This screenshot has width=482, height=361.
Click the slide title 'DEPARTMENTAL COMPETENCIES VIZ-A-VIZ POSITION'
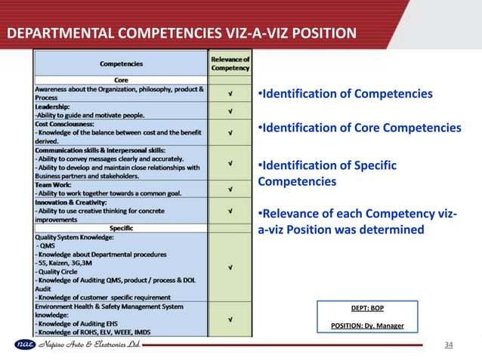[181, 33]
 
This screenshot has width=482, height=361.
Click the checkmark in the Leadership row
[230, 111]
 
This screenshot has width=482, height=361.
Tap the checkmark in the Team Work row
[230, 188]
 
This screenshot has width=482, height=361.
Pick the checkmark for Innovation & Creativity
[230, 211]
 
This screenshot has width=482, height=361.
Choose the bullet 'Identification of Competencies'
[347, 94]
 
